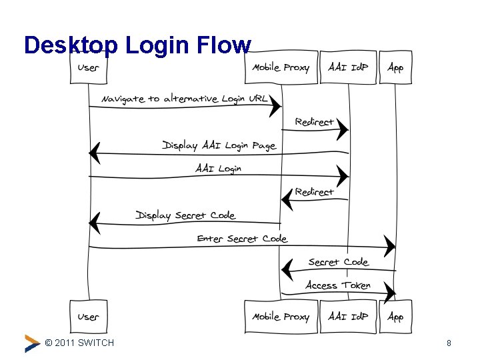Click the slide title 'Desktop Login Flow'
137,45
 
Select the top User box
89,67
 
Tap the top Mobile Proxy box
280,67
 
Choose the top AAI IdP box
348,67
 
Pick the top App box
395,67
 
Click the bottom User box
89,317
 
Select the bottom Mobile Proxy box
280,317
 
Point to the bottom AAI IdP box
348,317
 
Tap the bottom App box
395,317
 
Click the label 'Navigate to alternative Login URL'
184,99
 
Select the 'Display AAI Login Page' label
219,145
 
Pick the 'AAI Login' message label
219,169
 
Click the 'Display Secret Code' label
185,215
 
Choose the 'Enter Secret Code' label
242,239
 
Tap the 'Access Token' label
338,285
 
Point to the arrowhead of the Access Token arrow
390,293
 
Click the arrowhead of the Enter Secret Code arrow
389,247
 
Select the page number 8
449,343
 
